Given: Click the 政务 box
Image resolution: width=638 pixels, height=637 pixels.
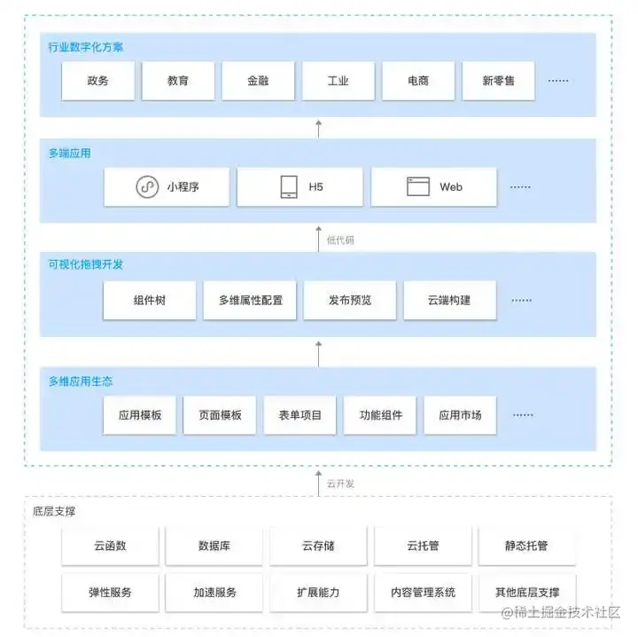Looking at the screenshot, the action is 98,81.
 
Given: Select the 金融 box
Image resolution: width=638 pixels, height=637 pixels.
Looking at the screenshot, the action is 258,81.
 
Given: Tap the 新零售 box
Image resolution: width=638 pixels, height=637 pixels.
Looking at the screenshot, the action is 498,81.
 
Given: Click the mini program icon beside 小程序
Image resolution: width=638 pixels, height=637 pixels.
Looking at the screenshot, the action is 147,187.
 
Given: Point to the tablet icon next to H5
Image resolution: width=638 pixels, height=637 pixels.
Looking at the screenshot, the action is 289,187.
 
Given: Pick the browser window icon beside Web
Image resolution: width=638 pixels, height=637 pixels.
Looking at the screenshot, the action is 418,186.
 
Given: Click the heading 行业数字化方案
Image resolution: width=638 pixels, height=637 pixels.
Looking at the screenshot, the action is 85,47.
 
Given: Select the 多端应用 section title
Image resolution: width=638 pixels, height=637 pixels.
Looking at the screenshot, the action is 70,153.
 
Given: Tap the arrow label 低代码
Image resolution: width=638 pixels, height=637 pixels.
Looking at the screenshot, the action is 340,240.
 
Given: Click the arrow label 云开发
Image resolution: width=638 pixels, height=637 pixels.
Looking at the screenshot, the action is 340,484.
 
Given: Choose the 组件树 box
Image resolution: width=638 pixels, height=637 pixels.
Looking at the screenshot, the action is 150,300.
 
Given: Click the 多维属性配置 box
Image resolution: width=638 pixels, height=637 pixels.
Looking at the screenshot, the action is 250,300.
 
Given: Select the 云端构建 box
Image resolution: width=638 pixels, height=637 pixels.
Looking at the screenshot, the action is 449,300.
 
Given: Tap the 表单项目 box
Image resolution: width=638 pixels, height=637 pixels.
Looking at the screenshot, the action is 300,415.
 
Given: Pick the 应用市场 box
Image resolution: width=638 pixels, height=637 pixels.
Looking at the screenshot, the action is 460,415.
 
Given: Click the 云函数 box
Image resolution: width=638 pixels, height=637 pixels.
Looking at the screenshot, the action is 110,546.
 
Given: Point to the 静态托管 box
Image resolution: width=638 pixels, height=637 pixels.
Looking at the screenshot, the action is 527,546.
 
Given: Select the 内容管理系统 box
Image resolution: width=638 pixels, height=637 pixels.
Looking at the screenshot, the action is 423,593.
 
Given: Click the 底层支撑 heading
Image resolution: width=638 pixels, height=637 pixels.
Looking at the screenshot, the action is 54,511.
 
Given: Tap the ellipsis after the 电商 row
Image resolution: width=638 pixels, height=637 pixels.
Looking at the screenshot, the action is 558,81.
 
